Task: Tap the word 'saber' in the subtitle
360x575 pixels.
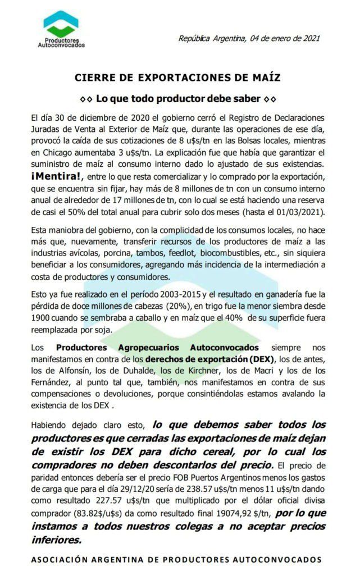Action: (x=247, y=99)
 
